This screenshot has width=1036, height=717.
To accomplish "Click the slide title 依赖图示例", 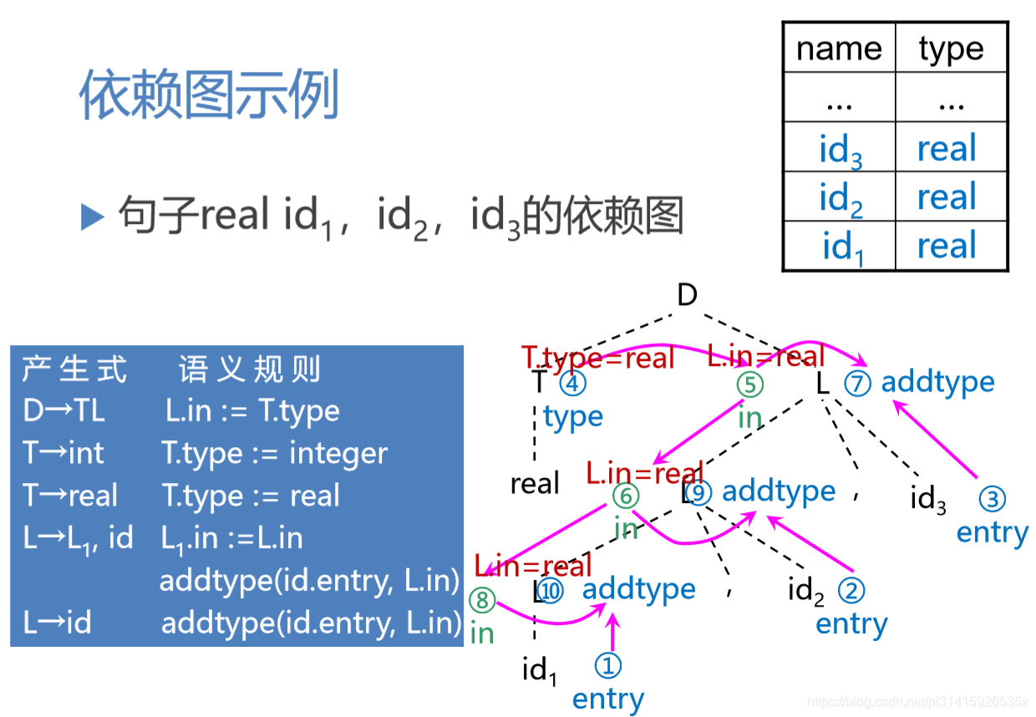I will click(209, 95).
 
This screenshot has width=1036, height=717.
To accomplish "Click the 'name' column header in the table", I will click(839, 48).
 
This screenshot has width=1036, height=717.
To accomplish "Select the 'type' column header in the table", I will click(951, 48).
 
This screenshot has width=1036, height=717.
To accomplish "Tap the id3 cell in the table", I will click(840, 149).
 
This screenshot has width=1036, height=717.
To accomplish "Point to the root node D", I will click(687, 294).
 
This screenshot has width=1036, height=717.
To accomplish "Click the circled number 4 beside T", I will click(573, 384).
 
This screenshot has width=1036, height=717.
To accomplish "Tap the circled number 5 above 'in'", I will click(750, 384).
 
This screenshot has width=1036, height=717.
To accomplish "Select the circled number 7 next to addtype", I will click(857, 384).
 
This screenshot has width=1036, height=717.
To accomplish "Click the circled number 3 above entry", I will click(992, 500).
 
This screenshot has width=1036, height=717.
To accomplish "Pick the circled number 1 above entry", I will click(608, 666).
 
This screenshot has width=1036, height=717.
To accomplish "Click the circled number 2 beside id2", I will click(851, 591).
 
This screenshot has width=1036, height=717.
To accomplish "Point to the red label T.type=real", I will click(598, 358).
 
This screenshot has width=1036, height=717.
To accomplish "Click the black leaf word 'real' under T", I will click(535, 483).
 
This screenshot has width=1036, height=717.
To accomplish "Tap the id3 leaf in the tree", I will click(927, 500).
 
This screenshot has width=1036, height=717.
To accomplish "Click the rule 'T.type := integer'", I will click(274, 454).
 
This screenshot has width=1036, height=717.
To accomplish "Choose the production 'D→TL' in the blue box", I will click(64, 411).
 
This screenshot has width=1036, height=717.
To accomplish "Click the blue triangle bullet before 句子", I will click(92, 217).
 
